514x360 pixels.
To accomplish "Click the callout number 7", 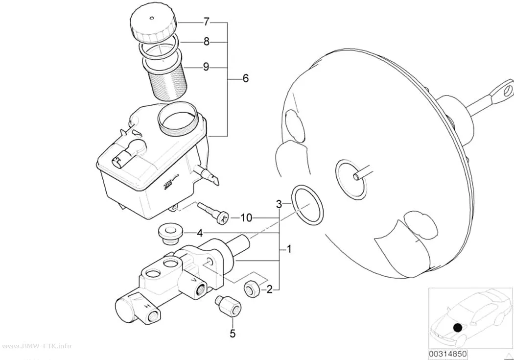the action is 206,22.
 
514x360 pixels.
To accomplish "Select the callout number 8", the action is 206,42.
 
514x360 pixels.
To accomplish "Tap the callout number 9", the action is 206,67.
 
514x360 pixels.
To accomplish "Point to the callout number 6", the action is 246,78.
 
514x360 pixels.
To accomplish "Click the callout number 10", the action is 246,217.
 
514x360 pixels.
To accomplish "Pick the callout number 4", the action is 200,234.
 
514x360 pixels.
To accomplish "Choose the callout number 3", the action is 279,204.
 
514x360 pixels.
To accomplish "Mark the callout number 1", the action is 289,249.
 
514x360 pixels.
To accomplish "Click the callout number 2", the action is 269,289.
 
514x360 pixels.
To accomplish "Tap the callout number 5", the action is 233,334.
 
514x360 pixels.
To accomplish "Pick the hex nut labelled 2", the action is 253,289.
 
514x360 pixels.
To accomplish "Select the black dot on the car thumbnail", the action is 458,328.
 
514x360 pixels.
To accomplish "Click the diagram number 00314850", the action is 448,355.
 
